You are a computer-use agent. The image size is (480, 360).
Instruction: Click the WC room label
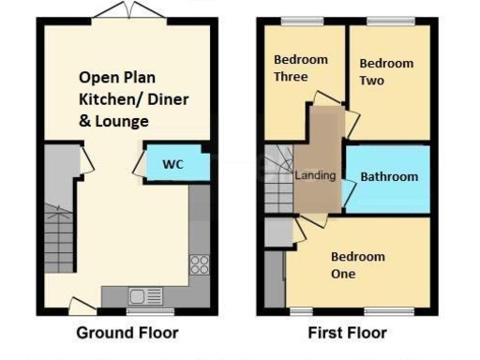click(172, 164)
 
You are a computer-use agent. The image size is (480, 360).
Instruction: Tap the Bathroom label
click(389, 176)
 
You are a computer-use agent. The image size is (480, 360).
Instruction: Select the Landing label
click(315, 175)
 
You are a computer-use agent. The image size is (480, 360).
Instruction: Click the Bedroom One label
click(357, 265)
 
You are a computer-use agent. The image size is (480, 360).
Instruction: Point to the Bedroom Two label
click(386, 72)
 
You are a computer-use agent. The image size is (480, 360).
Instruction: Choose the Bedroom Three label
click(300, 68)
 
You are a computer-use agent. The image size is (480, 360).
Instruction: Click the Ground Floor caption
click(127, 333)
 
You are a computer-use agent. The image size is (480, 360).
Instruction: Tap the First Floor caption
click(347, 333)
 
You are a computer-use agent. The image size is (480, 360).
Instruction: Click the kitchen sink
click(144, 296)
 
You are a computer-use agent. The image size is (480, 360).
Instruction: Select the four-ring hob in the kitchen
click(200, 264)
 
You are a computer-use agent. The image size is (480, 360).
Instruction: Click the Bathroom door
click(349, 193)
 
